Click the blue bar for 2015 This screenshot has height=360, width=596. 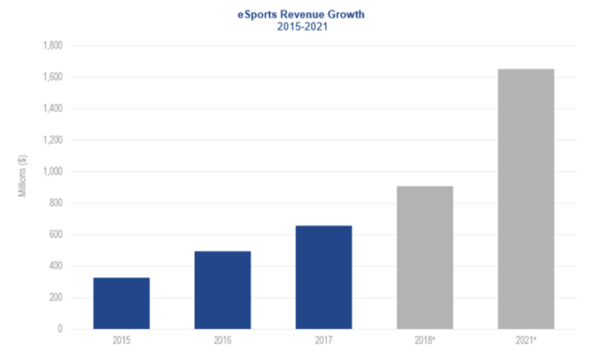[x=121, y=303]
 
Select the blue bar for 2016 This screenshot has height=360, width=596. [x=223, y=289]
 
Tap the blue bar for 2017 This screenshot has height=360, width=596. [x=323, y=277]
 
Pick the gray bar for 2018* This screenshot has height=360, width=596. [x=424, y=257]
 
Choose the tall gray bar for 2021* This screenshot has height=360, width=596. [x=525, y=199]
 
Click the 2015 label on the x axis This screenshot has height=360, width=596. [x=121, y=341]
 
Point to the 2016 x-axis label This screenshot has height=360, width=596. [x=223, y=341]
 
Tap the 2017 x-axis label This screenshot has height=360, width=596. [x=323, y=341]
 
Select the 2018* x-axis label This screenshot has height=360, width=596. [x=425, y=341]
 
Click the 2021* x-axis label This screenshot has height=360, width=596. [x=526, y=341]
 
